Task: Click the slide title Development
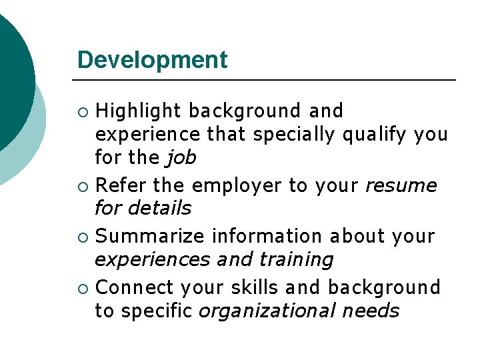pos(152,60)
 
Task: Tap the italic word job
pos(181,159)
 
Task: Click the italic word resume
pos(401,185)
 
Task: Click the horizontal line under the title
pos(267,81)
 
